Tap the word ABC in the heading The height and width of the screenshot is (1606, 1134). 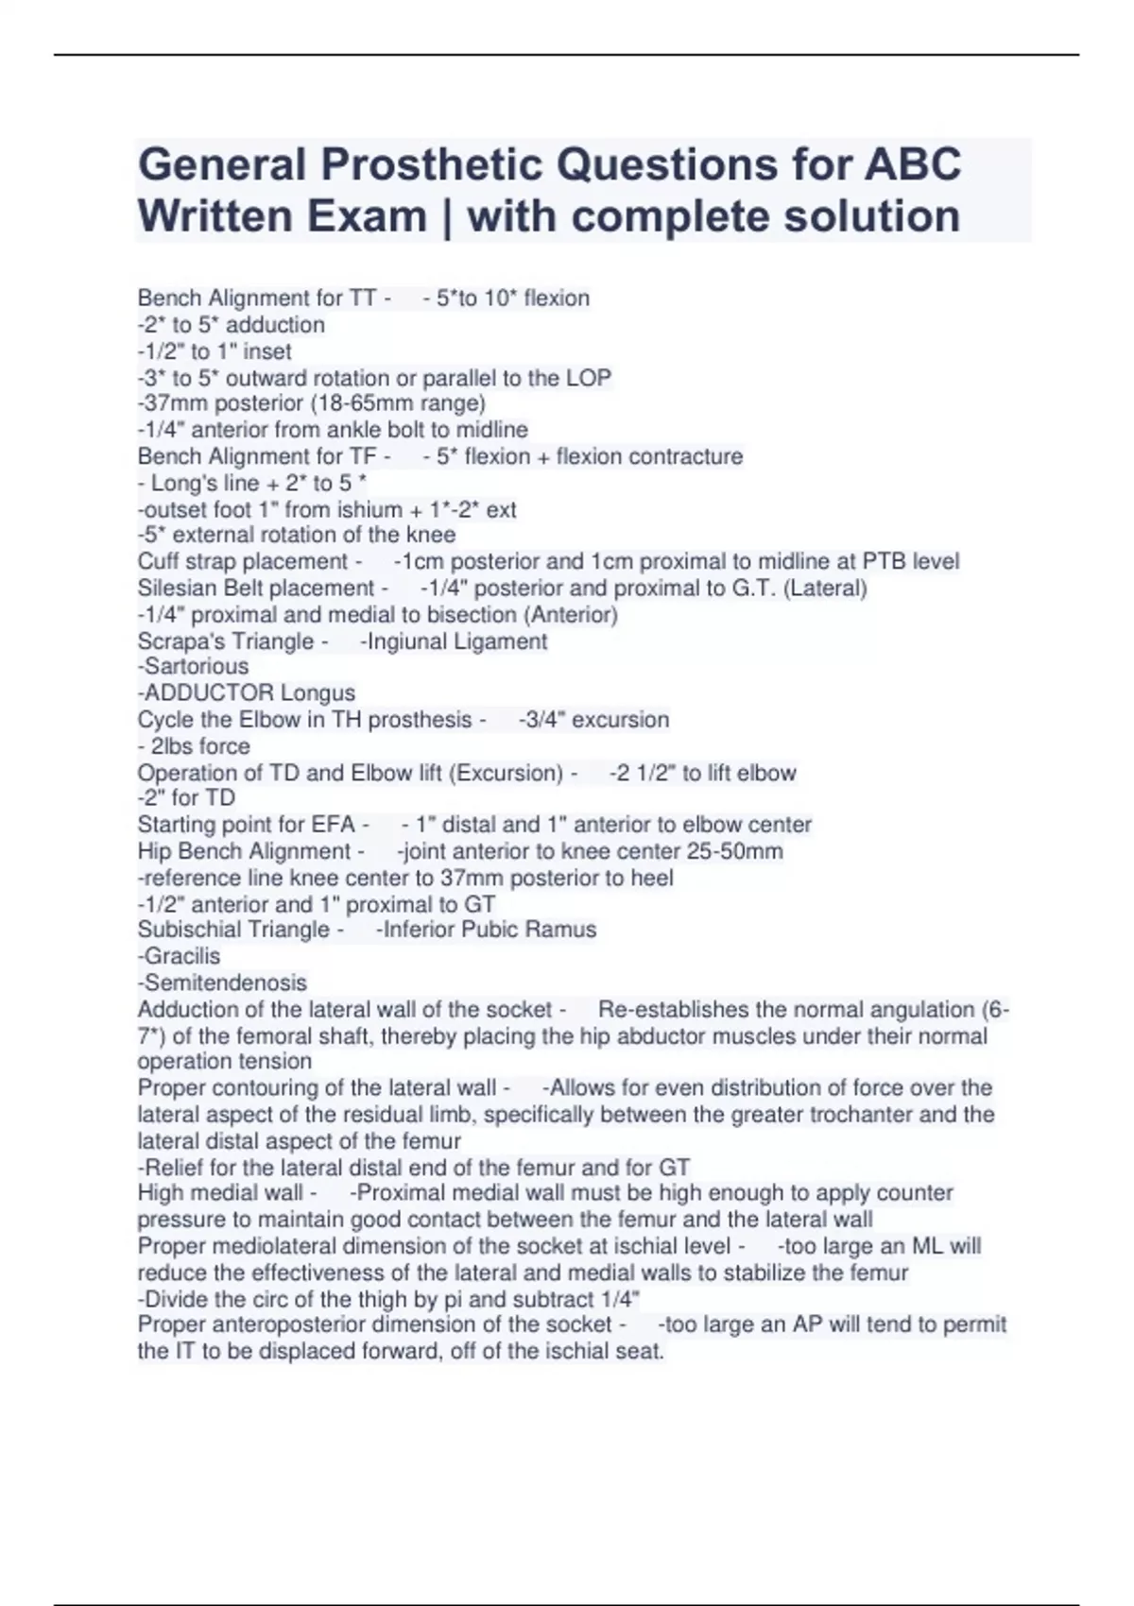point(912,165)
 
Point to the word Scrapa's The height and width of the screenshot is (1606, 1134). point(178,641)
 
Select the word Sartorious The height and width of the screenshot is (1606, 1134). point(197,666)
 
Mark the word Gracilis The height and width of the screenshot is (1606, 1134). point(182,956)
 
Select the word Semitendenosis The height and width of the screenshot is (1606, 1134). point(226,982)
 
